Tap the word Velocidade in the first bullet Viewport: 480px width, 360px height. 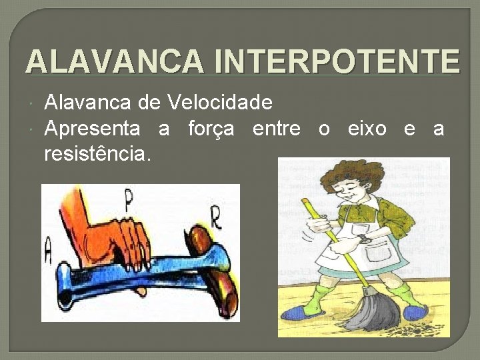pyautogui.click(x=220, y=102)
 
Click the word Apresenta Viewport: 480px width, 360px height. pyautogui.click(x=92, y=128)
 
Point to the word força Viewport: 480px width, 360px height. pyautogui.click(x=211, y=128)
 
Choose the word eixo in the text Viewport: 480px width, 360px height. pyautogui.click(x=367, y=128)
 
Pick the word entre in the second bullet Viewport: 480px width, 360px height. pyautogui.click(x=276, y=128)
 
